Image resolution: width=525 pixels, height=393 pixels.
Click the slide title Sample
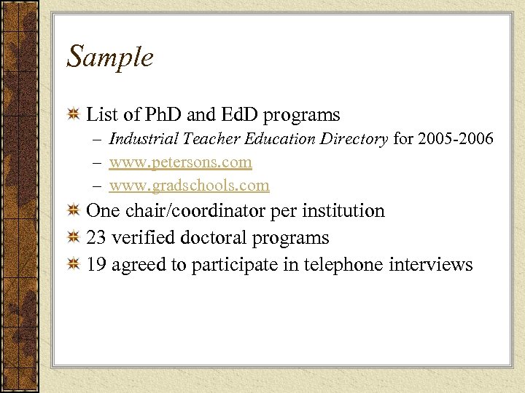[110, 57]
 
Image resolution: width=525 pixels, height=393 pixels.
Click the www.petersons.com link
[180, 162]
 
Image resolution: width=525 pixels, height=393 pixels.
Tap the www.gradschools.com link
[189, 186]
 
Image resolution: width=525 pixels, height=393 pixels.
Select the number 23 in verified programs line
[96, 238]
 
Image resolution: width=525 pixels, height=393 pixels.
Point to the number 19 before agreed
[96, 264]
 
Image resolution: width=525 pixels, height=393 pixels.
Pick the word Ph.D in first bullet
[163, 114]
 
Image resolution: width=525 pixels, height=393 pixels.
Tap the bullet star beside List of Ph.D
[73, 115]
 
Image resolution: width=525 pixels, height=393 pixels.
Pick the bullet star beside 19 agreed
[73, 265]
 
